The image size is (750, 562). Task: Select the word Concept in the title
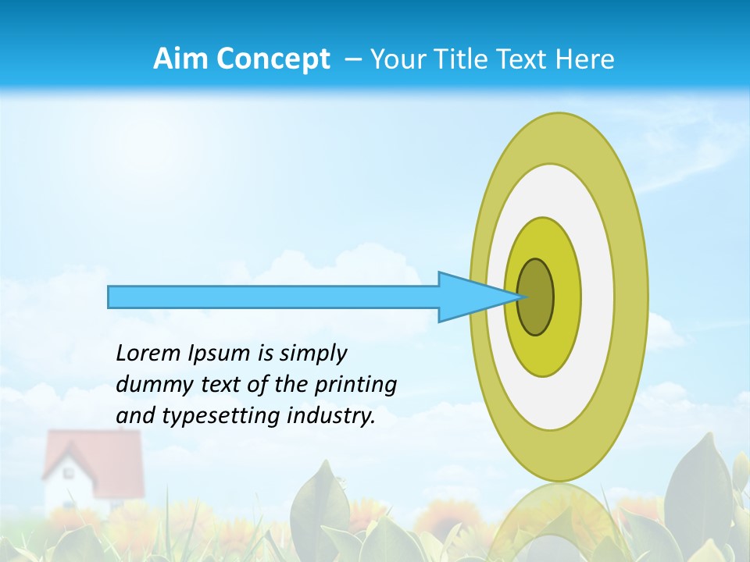[273, 59]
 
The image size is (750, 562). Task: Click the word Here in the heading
[585, 59]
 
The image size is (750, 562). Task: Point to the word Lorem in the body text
[148, 354]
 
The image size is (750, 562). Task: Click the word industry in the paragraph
[333, 416]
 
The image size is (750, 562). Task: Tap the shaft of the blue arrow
[273, 297]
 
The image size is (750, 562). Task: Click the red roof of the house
[94, 461]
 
